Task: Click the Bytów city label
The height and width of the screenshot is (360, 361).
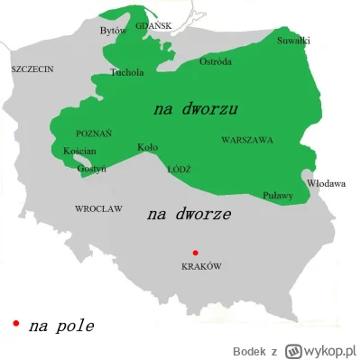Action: click(113, 31)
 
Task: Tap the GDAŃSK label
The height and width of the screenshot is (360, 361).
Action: click(153, 25)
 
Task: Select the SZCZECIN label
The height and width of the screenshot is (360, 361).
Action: click(32, 69)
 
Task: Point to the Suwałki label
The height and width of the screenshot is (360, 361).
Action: click(293, 42)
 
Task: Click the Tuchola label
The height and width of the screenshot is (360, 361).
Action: click(126, 72)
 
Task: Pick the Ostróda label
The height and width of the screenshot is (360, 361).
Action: click(215, 61)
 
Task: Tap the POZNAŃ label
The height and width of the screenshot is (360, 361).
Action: click(94, 134)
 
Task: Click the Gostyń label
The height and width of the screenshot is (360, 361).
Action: click(90, 168)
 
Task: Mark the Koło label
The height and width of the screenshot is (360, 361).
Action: click(147, 147)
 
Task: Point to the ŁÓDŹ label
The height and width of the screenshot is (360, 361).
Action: click(180, 169)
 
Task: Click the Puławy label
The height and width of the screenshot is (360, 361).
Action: click(277, 194)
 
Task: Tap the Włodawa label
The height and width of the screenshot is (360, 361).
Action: click(326, 183)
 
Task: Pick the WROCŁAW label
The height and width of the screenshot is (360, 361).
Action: click(97, 208)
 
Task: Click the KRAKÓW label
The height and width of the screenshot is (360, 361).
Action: click(201, 266)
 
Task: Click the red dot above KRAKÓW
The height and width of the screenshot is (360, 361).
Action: click(191, 252)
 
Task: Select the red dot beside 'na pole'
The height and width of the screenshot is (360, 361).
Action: click(15, 322)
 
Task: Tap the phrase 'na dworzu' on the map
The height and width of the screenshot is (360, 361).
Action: click(195, 109)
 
